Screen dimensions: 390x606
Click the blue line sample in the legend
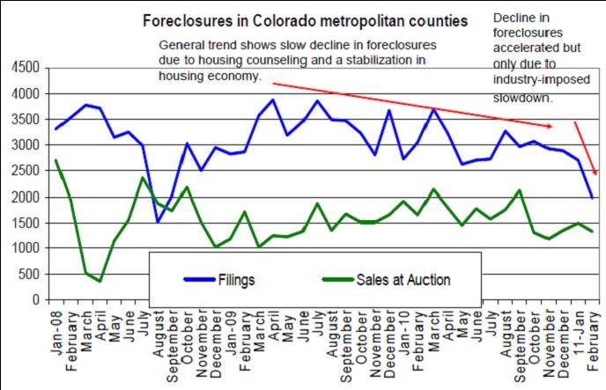click(x=203, y=280)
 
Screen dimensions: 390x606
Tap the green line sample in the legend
click(x=338, y=280)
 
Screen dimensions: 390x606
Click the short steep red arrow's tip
click(x=596, y=173)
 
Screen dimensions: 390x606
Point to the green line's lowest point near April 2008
click(x=100, y=281)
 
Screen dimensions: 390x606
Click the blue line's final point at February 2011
click(x=593, y=198)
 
